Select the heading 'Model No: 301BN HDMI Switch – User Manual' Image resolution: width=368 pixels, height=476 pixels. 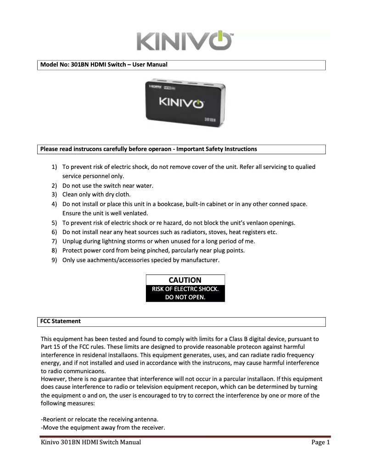pyautogui.click(x=104, y=65)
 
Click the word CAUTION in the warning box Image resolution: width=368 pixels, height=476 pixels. pyautogui.click(x=185, y=280)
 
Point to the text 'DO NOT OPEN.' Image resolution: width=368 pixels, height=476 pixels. pyautogui.click(x=185, y=297)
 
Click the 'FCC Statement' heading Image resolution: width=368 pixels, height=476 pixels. pyautogui.click(x=61, y=321)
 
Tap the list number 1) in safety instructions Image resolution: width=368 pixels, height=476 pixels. pyautogui.click(x=54, y=167)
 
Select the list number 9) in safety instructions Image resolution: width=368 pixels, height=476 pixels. pyautogui.click(x=54, y=260)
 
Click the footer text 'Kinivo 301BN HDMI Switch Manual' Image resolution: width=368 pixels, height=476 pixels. pyautogui.click(x=91, y=442)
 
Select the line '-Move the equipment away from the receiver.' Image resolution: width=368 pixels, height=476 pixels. pyautogui.click(x=103, y=428)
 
